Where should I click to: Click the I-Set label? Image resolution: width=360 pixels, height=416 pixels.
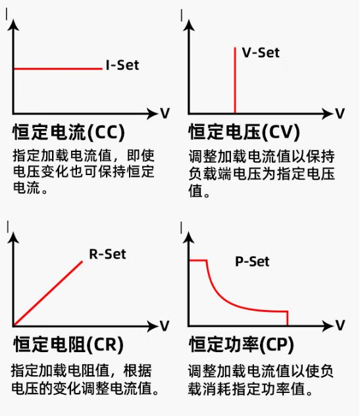(122, 65)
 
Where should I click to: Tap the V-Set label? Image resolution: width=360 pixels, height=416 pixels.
(261, 53)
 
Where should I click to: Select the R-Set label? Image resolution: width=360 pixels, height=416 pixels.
(107, 254)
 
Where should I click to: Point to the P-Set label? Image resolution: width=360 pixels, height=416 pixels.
(252, 261)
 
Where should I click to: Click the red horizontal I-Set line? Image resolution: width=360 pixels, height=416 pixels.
(58, 68)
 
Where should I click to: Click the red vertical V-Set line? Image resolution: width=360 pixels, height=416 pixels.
(235, 80)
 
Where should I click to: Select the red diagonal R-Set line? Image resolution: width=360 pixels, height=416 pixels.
(48, 293)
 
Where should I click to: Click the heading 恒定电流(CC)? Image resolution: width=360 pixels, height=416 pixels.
(68, 132)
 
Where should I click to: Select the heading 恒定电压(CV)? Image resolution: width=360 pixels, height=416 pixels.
(244, 132)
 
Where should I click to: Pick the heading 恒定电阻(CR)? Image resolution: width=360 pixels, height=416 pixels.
(68, 344)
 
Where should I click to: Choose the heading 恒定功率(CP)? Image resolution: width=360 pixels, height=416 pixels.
(242, 344)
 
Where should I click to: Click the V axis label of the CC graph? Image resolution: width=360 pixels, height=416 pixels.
(165, 113)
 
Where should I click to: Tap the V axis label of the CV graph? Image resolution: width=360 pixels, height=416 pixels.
(340, 113)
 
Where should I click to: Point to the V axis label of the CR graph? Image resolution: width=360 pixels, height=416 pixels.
(165, 326)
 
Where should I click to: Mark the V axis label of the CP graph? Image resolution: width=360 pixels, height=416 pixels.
(340, 325)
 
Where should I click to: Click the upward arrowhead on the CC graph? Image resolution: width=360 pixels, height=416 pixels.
(13, 26)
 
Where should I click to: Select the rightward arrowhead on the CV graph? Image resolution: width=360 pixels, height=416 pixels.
(327, 114)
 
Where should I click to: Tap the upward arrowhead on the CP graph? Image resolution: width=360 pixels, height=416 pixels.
(189, 238)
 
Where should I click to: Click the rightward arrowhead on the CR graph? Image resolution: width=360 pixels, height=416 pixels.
(153, 326)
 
